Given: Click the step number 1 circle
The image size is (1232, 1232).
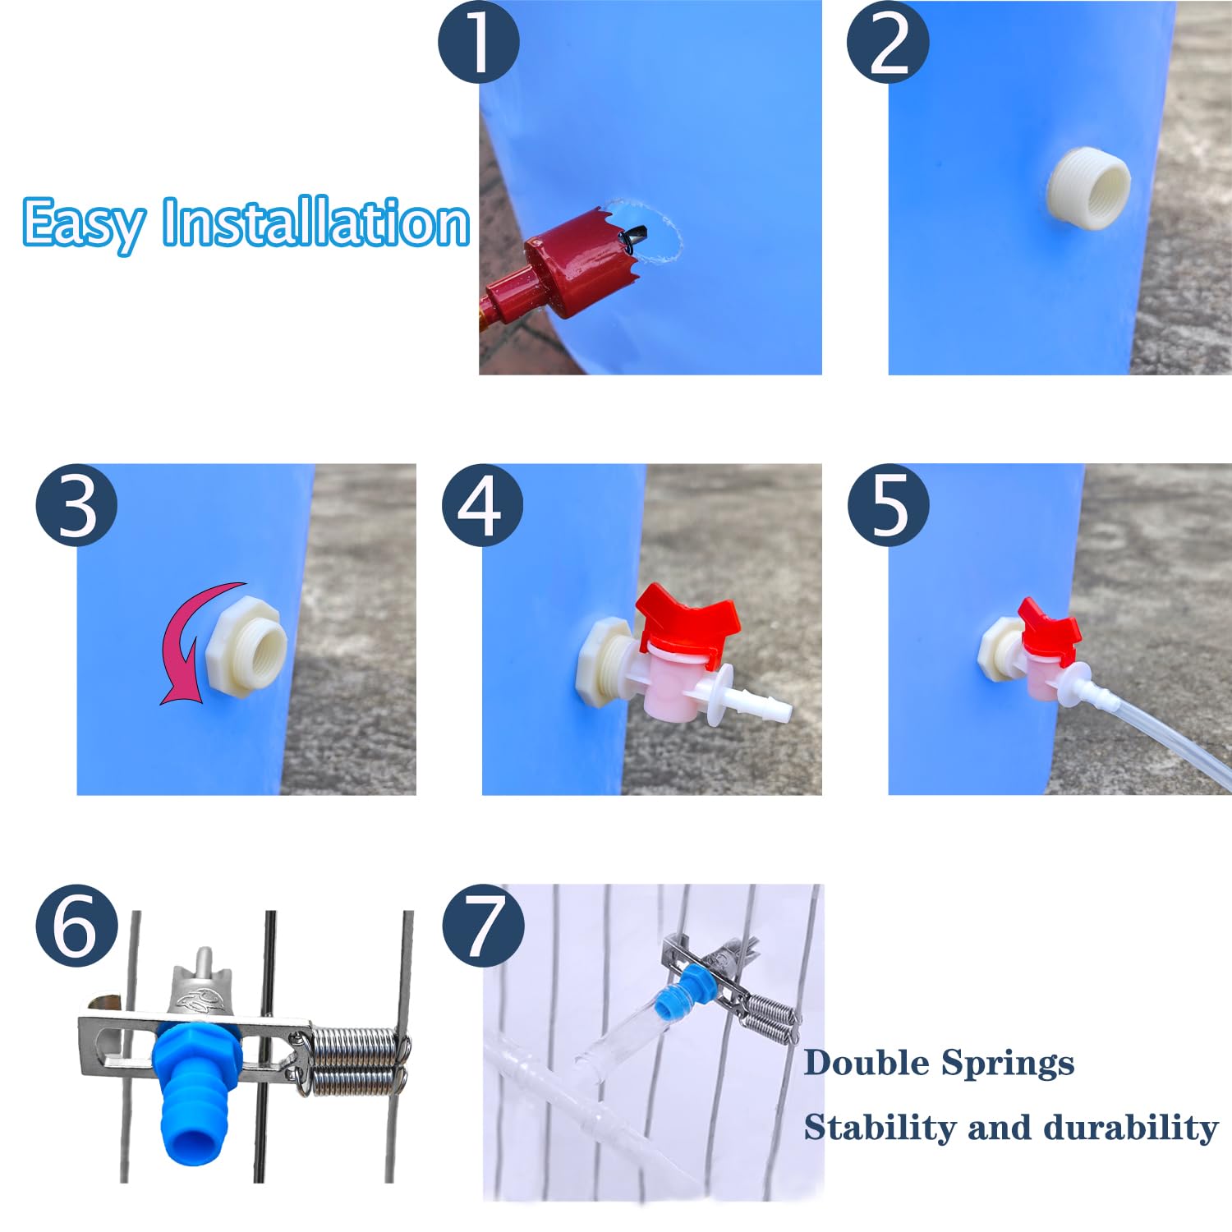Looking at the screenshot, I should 478,41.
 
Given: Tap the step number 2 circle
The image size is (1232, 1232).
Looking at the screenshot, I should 888,41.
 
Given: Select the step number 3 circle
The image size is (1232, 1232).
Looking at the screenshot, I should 76,505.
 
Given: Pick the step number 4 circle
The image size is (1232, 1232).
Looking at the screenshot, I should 482,505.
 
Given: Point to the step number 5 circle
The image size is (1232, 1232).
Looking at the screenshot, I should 888,505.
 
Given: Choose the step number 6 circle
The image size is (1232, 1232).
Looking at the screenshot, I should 76,926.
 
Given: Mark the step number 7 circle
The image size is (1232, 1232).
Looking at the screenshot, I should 483,926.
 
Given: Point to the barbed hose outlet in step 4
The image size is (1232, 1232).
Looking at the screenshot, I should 760,704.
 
